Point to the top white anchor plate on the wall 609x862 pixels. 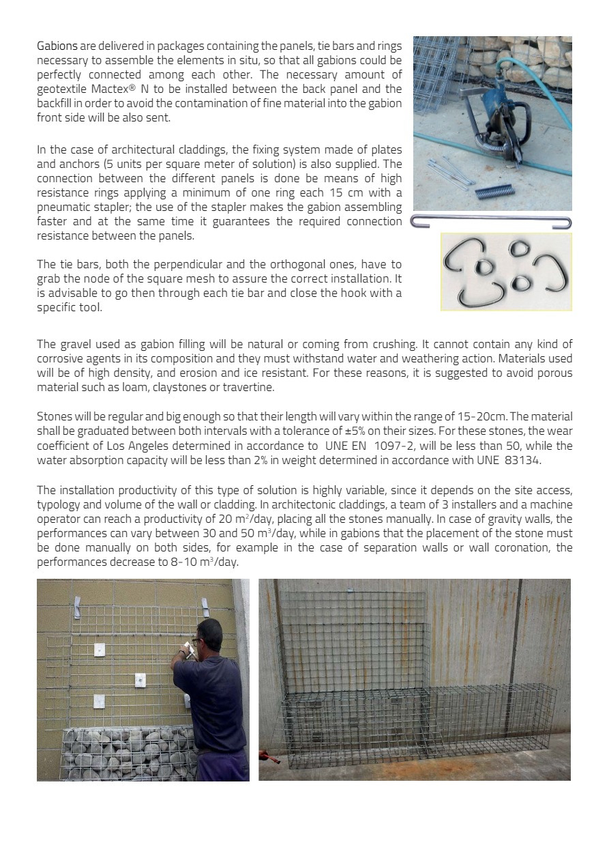click(100, 650)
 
